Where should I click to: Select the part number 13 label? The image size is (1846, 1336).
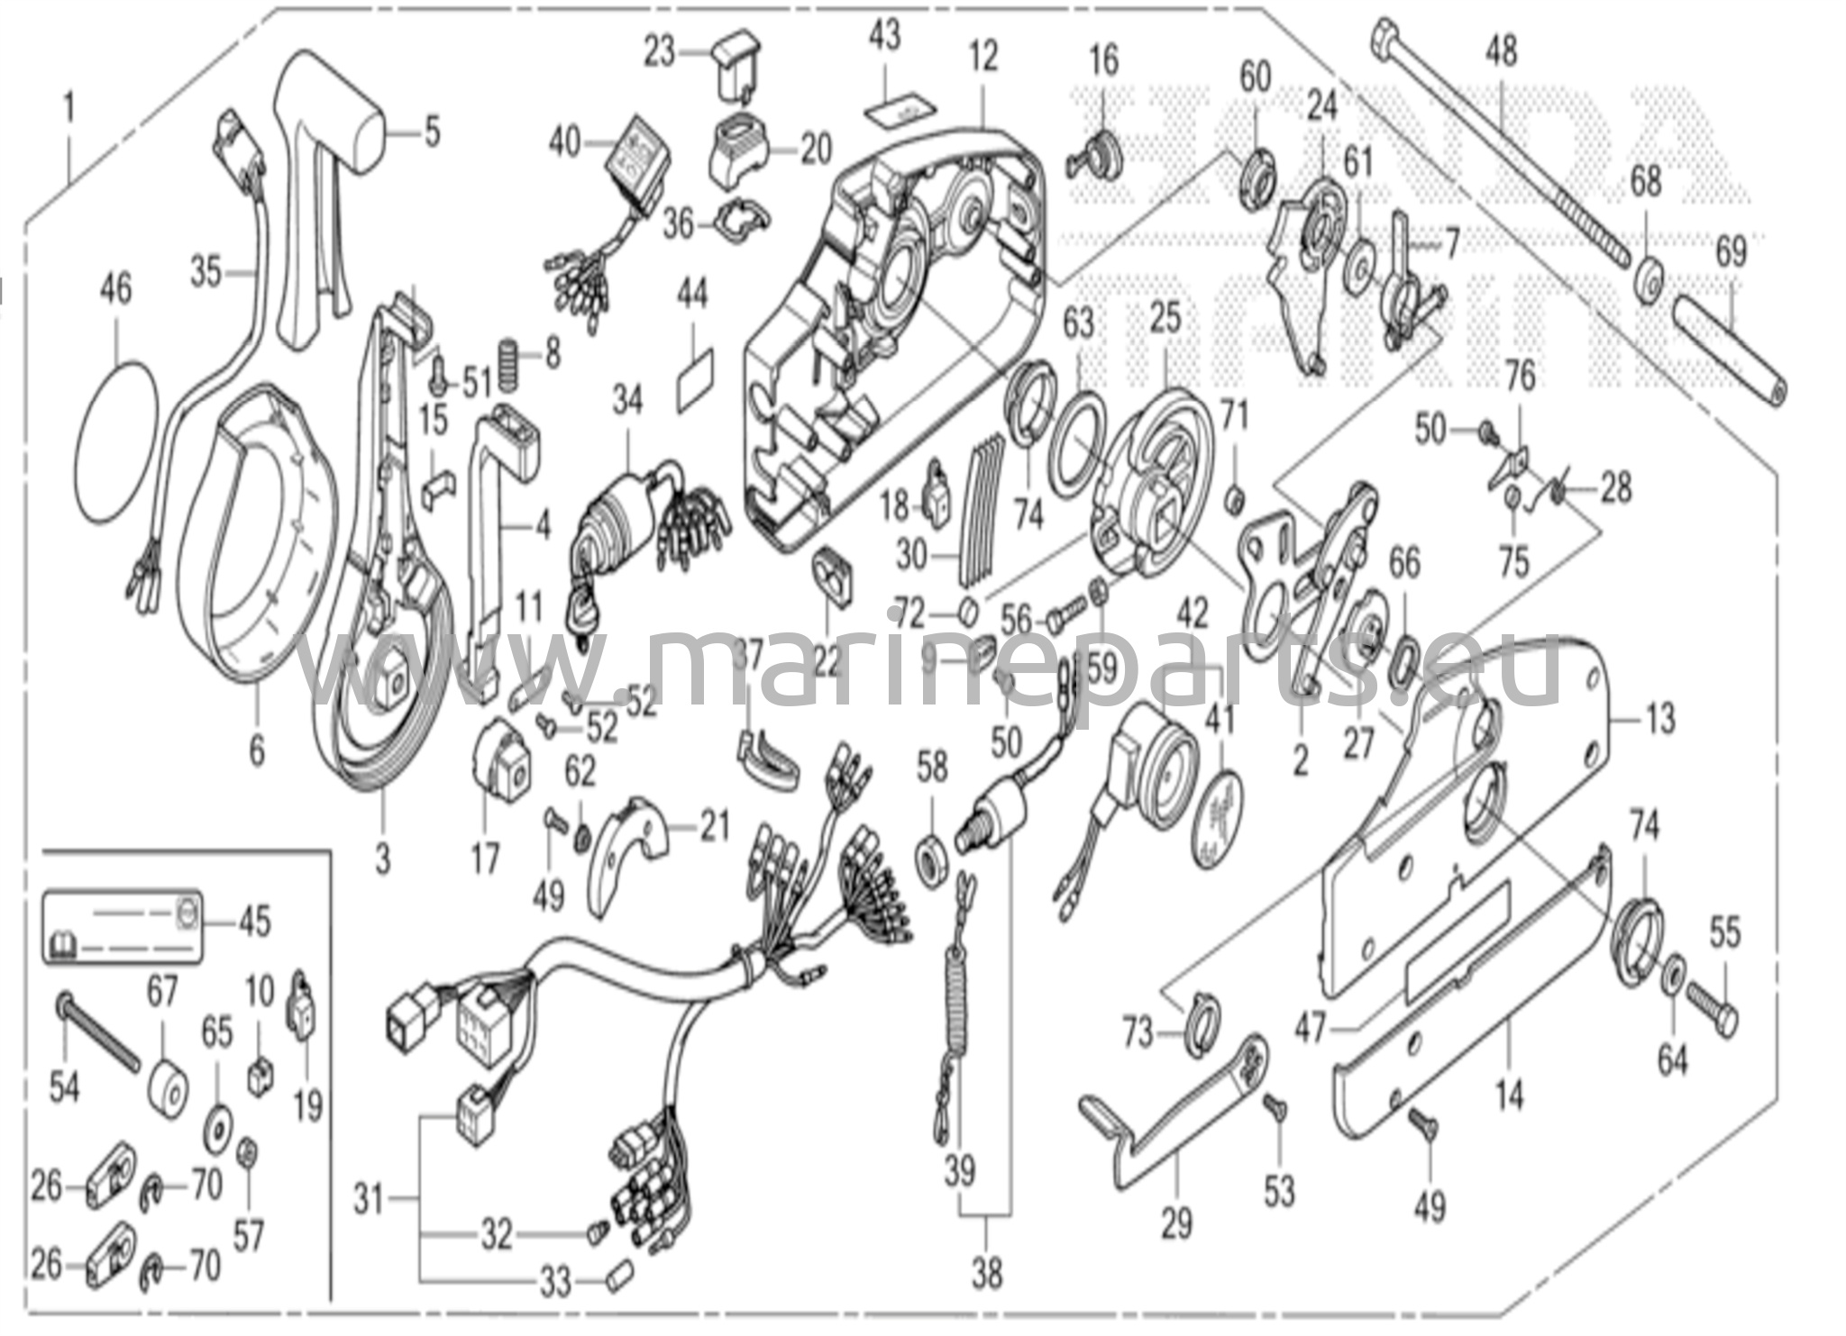click(1659, 719)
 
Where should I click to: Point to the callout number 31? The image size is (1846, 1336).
click(369, 1200)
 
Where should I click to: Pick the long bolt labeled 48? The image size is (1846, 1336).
click(1496, 144)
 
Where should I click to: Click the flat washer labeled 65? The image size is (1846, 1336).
click(216, 1126)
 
